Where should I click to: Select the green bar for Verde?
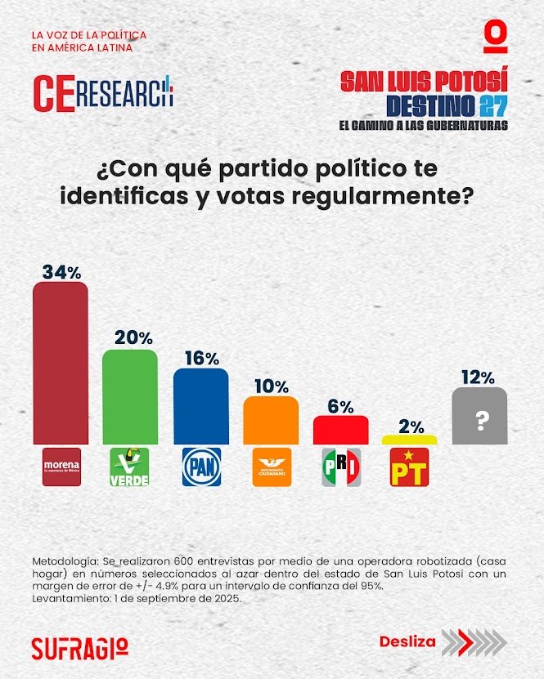[x=129, y=396]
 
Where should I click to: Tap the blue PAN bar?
[x=200, y=405]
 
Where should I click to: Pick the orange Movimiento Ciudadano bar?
[x=271, y=420]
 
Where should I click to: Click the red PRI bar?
[x=340, y=430]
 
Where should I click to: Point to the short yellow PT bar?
[x=409, y=440]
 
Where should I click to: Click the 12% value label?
[x=479, y=377]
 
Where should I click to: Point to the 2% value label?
[x=409, y=425]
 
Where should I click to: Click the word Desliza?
[x=407, y=641]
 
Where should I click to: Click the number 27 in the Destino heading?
[x=493, y=105]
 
